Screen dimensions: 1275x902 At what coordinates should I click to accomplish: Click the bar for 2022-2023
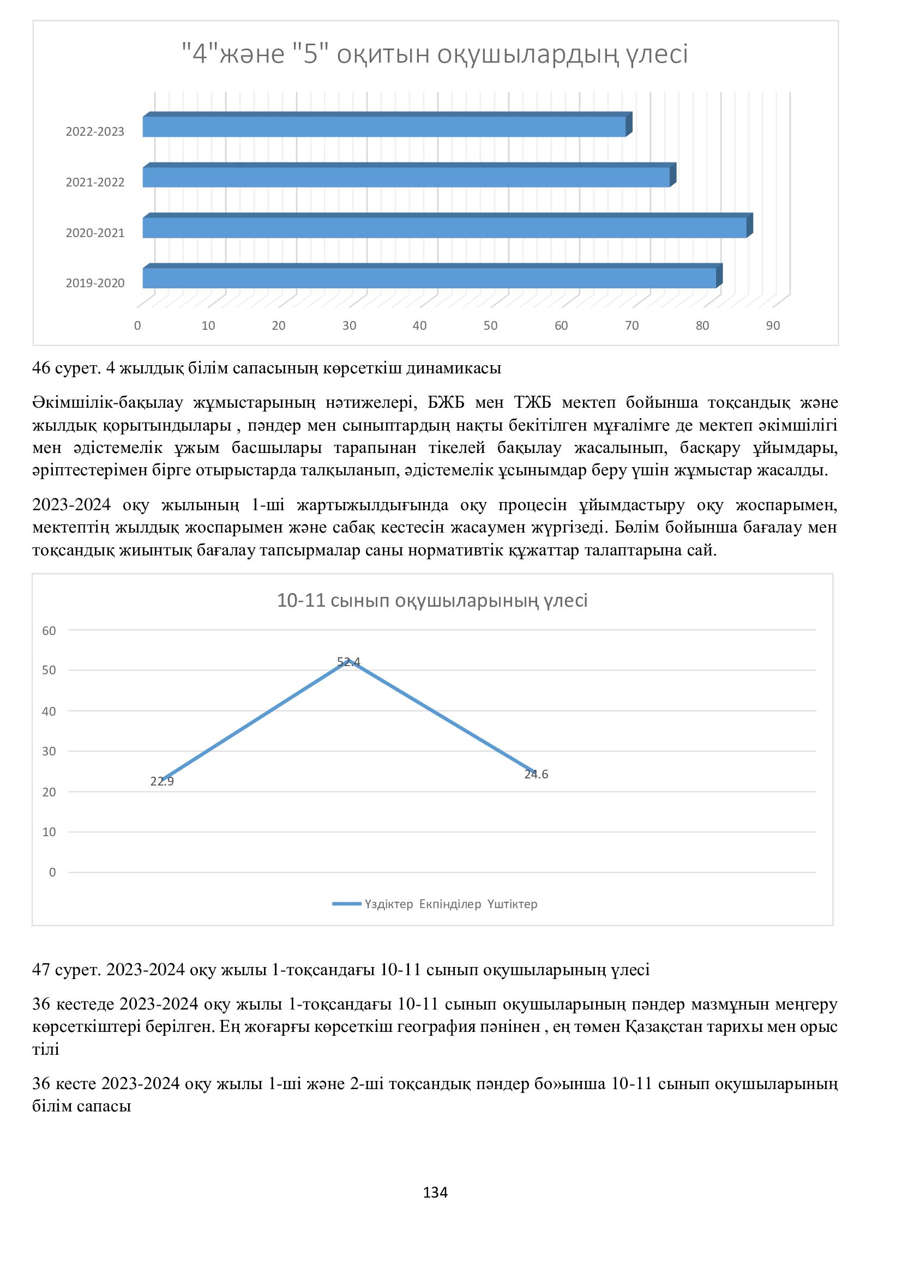tap(384, 126)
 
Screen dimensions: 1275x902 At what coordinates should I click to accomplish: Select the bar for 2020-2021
tap(444, 228)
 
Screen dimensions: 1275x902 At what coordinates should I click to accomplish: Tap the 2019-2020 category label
tap(95, 283)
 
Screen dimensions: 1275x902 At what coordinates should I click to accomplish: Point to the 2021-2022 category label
tap(95, 182)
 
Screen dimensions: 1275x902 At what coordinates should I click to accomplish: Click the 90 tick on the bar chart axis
tap(773, 326)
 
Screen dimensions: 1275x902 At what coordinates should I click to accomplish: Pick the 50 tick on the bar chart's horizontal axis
tap(490, 326)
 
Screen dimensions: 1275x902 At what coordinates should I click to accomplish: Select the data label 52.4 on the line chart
tap(348, 661)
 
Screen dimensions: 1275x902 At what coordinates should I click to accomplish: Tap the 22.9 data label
tap(161, 781)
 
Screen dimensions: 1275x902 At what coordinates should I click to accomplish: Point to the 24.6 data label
tap(536, 774)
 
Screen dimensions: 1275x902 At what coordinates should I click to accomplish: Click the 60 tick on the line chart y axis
tap(50, 630)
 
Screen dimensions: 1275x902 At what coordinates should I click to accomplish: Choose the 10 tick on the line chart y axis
tap(50, 832)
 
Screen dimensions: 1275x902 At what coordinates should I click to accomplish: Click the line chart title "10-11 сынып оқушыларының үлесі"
tap(432, 600)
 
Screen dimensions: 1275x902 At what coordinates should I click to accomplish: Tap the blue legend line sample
tap(347, 904)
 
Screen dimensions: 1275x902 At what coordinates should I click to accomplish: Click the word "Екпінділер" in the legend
tap(450, 904)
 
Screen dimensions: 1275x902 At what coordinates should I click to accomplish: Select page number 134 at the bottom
tap(435, 1192)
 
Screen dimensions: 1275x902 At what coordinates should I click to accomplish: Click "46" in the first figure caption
tap(41, 367)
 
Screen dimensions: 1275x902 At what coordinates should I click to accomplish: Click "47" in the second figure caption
tap(41, 970)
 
